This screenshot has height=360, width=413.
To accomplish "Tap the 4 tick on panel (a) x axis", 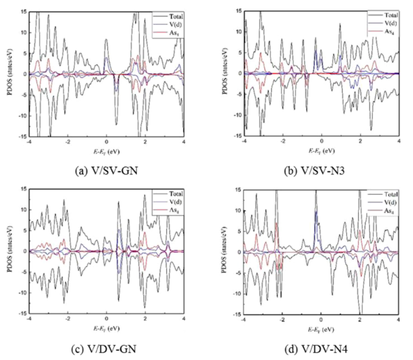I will pos(184,142).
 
